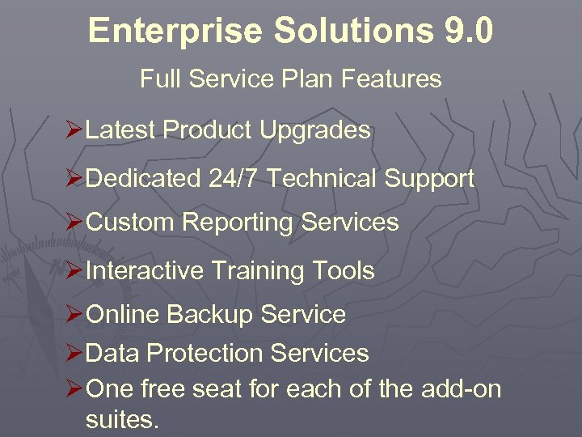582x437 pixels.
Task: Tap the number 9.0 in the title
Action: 468,31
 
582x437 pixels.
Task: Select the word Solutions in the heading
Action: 353,31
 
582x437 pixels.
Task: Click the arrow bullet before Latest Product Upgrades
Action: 74,129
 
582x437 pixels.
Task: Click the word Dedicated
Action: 142,179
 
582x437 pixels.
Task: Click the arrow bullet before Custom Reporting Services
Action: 74,222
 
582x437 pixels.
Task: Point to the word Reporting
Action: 238,222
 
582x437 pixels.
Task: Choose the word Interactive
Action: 144,270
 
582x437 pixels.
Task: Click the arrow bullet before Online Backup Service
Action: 74,314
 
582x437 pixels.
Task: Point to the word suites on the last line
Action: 122,419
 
